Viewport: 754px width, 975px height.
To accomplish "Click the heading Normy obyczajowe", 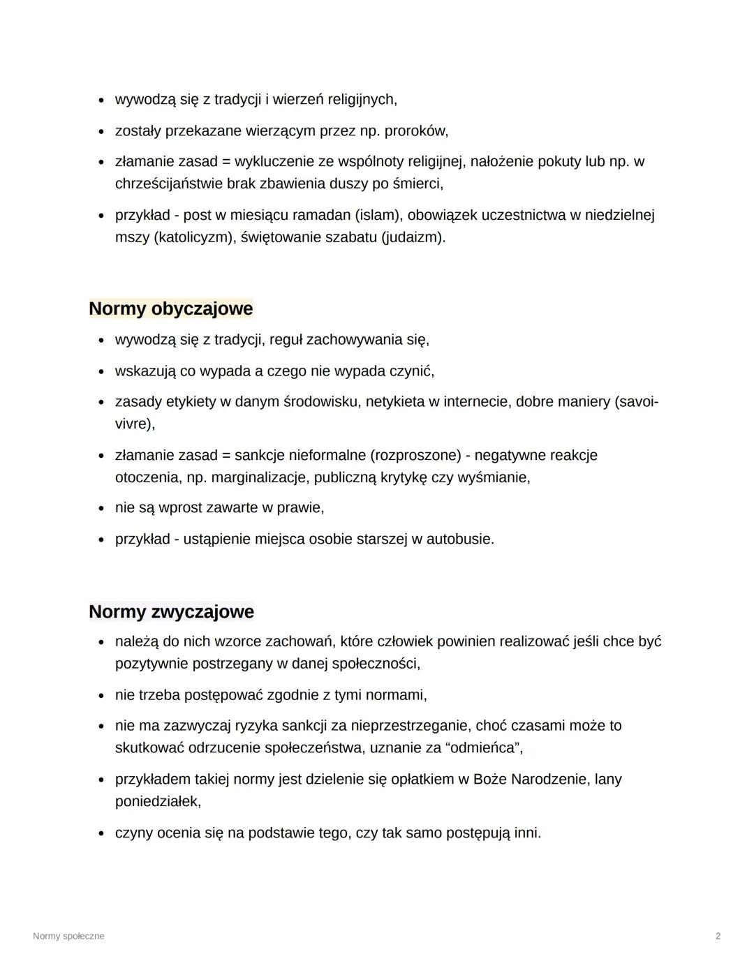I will click(171, 308).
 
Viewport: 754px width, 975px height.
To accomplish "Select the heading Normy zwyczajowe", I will click(171, 612).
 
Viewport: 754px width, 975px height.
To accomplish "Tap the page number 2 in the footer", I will click(718, 936).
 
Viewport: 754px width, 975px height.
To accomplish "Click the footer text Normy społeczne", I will click(68, 936).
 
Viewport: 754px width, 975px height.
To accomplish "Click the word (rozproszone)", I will click(417, 455).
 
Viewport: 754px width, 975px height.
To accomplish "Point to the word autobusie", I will click(460, 539).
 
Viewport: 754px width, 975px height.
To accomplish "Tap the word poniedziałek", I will click(158, 801).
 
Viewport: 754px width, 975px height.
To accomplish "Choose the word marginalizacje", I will click(260, 477).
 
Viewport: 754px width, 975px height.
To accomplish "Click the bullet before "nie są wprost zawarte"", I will click(101, 508).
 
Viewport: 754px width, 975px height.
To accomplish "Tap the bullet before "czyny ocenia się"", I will click(101, 833).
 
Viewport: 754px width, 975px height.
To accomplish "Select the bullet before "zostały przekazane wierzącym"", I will click(101, 131).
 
